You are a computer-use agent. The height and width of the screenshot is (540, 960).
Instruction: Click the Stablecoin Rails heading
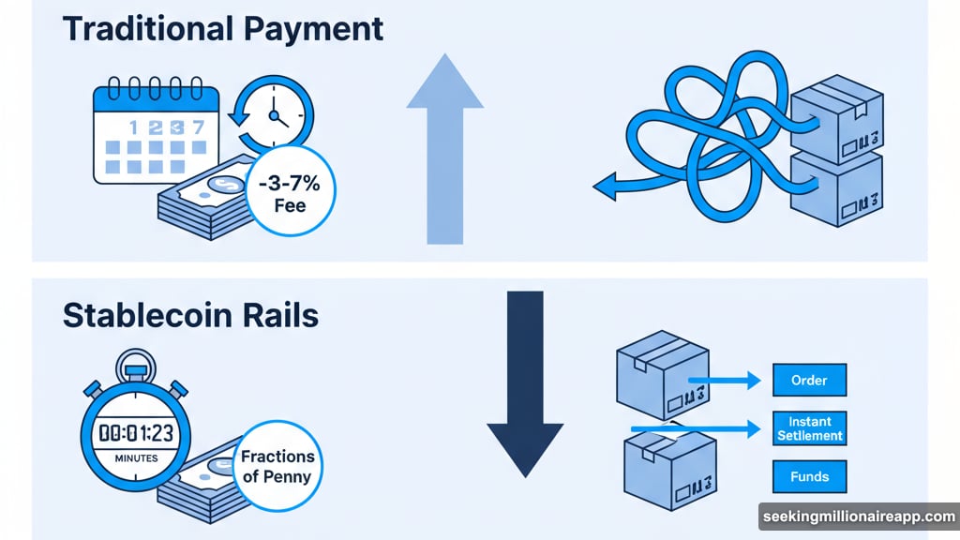pos(190,316)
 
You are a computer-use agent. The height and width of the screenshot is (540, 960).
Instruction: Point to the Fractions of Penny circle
pos(277,466)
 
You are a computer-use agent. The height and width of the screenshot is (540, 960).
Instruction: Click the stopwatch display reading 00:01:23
pos(136,433)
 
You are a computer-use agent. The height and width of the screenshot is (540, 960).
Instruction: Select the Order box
pos(809,380)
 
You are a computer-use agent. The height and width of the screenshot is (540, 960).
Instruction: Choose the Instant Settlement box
pos(809,427)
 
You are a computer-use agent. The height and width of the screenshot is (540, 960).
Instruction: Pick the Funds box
pos(809,476)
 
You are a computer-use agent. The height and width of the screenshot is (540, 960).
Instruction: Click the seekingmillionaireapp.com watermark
pos(858,517)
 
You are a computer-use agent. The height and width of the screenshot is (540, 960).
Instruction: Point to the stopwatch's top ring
pos(136,362)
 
